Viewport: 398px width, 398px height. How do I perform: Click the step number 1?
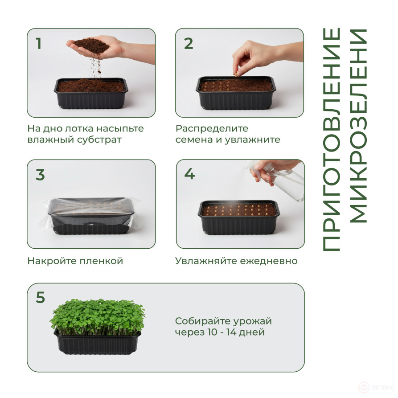[39, 43]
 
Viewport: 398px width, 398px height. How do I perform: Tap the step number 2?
[189, 43]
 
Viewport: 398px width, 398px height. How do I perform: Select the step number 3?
[41, 175]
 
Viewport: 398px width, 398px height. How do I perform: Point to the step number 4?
[189, 174]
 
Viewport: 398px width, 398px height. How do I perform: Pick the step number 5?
[41, 297]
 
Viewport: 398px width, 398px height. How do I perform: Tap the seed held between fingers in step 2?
[236, 74]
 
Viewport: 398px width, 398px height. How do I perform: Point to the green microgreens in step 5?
[98, 316]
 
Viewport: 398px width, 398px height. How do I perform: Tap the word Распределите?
[212, 129]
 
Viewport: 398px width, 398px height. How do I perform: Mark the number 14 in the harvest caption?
[232, 332]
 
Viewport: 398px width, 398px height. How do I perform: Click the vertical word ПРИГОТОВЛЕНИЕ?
[332, 140]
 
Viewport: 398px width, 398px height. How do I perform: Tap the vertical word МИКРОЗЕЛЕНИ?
[358, 126]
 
